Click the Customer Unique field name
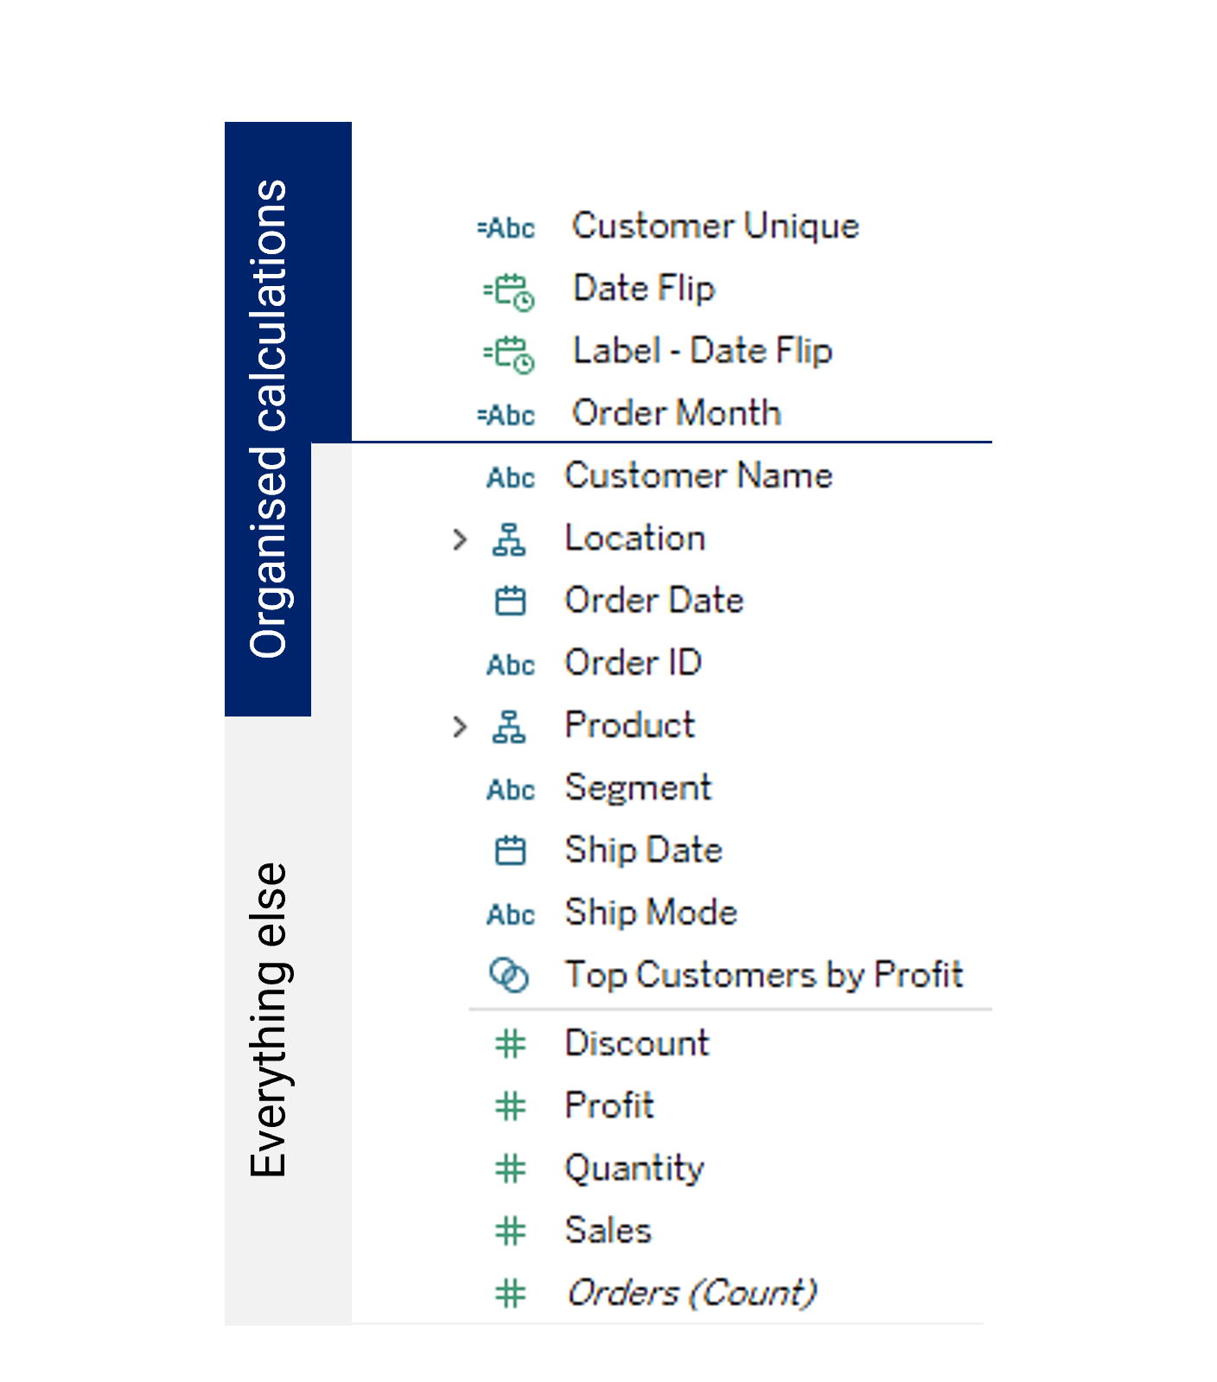click(x=716, y=226)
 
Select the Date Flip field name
click(x=644, y=289)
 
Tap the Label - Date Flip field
click(x=703, y=351)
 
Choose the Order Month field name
click(x=677, y=413)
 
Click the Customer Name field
click(x=698, y=475)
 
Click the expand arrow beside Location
click(x=460, y=539)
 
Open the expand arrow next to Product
click(x=460, y=726)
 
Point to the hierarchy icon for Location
click(x=509, y=539)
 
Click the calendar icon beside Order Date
click(x=510, y=601)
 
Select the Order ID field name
click(x=633, y=663)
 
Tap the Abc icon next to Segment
click(x=511, y=790)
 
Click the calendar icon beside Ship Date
click(x=510, y=850)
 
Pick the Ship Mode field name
click(x=651, y=913)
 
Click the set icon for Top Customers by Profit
click(x=509, y=976)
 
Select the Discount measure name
click(x=637, y=1043)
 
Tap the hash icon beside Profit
click(x=511, y=1106)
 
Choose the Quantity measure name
click(x=634, y=1169)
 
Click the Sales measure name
click(x=608, y=1231)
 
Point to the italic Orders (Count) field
click(x=691, y=1293)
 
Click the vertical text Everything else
click(x=269, y=1020)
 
